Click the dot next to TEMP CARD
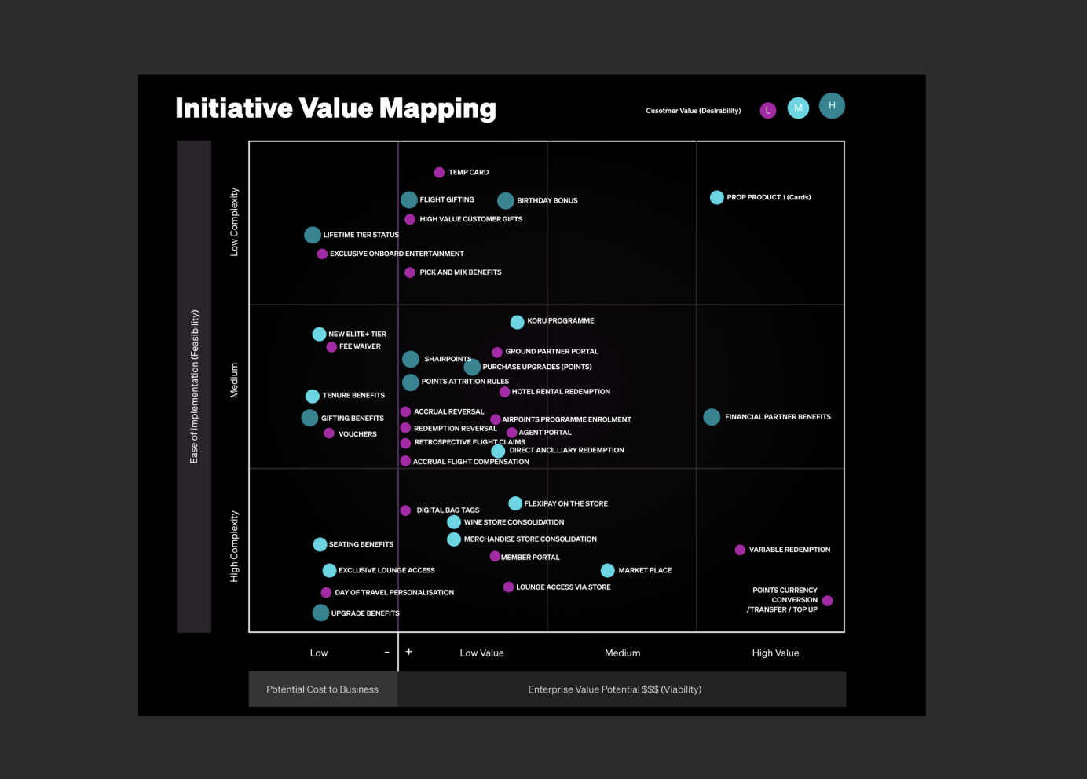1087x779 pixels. pyautogui.click(x=439, y=172)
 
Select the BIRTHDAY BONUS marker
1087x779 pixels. pyautogui.click(x=505, y=200)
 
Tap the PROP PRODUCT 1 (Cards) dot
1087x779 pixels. pyautogui.click(x=717, y=197)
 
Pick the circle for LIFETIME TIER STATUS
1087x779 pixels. pyautogui.click(x=313, y=235)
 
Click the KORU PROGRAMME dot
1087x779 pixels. pyautogui.click(x=518, y=322)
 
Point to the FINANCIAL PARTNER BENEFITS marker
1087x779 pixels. pyautogui.click(x=712, y=417)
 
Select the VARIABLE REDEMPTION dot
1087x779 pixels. pyautogui.click(x=740, y=550)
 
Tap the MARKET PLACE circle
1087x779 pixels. pyautogui.click(x=608, y=570)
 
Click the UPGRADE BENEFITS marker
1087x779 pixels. pyautogui.click(x=320, y=613)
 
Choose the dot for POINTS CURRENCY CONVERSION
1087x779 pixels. pyautogui.click(x=827, y=601)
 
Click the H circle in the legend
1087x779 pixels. pyautogui.click(x=832, y=106)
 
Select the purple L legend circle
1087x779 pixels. pyautogui.click(x=767, y=111)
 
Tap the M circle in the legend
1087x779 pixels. pyautogui.click(x=798, y=108)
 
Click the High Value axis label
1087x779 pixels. pyautogui.click(x=775, y=653)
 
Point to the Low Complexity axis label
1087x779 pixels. pyautogui.click(x=234, y=222)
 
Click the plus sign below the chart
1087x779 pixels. pyautogui.click(x=409, y=652)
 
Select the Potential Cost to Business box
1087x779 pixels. pyautogui.click(x=323, y=689)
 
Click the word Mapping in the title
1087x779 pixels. pyautogui.click(x=437, y=108)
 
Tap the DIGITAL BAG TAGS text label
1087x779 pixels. pyautogui.click(x=448, y=510)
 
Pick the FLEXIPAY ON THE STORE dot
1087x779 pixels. pyautogui.click(x=515, y=503)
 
